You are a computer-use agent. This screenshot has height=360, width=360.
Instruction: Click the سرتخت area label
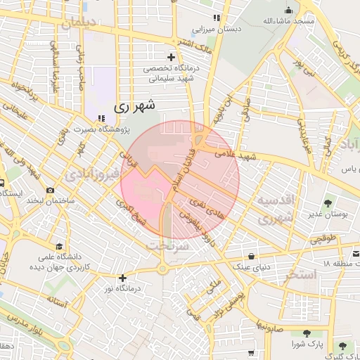(x=167, y=246)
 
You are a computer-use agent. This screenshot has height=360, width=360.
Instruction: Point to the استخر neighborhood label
(x=300, y=274)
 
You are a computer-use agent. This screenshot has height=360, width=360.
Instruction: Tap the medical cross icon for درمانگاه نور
(x=123, y=278)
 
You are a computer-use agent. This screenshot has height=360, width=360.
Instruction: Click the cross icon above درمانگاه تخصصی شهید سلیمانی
(x=171, y=57)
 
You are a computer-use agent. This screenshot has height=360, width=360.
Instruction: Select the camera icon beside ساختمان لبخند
(x=50, y=190)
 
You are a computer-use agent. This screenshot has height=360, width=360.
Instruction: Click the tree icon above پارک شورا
(x=307, y=333)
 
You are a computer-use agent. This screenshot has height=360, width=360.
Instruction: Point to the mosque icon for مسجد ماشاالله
(x=288, y=10)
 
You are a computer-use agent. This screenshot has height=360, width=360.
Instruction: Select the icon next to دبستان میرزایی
(x=217, y=18)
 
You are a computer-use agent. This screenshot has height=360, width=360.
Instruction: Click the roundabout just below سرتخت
(x=163, y=268)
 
